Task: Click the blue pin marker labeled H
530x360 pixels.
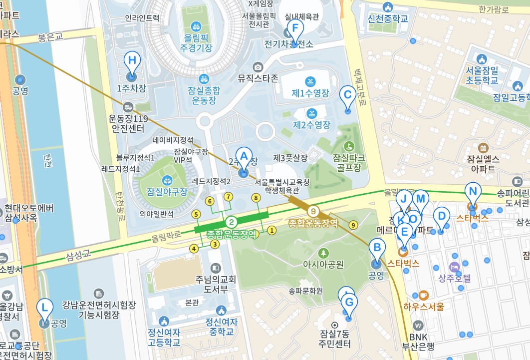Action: [x=132, y=62]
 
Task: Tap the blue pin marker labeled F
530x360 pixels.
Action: [x=295, y=29]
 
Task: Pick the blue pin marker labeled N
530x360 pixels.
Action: [x=472, y=191]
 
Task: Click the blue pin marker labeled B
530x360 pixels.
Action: [x=377, y=248]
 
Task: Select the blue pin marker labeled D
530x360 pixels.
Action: [x=441, y=217]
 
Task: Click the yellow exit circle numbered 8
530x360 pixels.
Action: [x=256, y=198]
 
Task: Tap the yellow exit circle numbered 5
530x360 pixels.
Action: [x=196, y=214]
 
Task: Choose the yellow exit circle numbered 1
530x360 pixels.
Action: [x=271, y=230]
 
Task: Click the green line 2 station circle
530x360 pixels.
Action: [x=232, y=222]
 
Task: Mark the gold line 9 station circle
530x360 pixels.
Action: [x=313, y=211]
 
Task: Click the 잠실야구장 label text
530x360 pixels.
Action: [x=167, y=191]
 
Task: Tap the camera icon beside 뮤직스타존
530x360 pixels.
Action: [x=258, y=67]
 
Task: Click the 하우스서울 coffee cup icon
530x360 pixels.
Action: [x=424, y=295]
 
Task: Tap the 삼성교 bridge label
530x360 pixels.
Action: [x=79, y=255]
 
